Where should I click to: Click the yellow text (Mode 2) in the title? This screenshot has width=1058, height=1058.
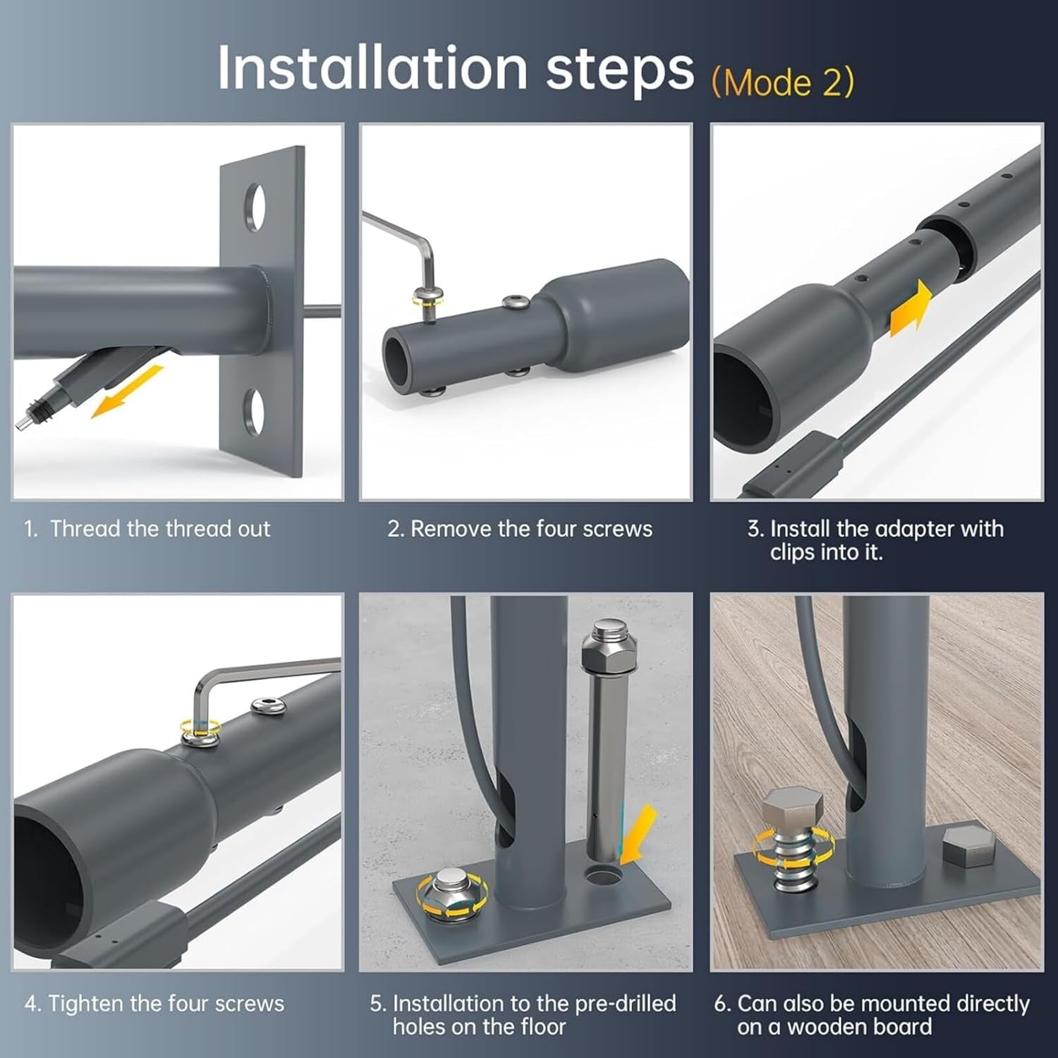coord(783,83)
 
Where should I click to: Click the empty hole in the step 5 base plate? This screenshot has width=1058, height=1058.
coord(604,877)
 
